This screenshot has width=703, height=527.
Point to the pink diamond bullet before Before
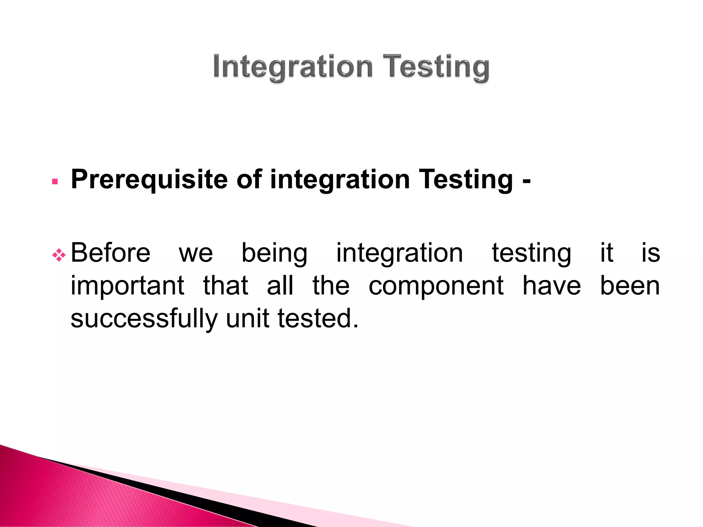coord(59,255)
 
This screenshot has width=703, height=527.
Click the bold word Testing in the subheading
coord(466,180)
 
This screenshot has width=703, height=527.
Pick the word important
coord(127,286)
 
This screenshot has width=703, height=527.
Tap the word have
coord(552,286)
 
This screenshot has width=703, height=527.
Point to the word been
coord(630,286)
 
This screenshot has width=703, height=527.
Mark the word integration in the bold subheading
coord(340,180)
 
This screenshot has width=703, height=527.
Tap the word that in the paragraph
coord(226,286)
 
